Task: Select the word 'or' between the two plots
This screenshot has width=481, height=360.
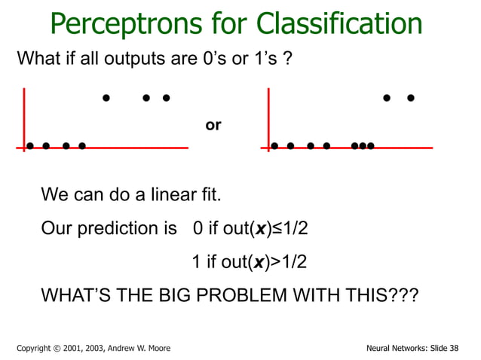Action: (x=213, y=125)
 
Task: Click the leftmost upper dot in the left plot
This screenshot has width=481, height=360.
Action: (x=106, y=97)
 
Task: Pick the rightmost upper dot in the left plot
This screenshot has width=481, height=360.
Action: (x=166, y=97)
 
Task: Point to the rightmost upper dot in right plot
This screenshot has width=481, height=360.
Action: (x=410, y=97)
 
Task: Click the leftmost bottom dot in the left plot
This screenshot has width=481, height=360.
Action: (x=30, y=146)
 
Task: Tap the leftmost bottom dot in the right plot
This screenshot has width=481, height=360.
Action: (x=274, y=146)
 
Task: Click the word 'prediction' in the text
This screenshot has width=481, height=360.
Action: (x=111, y=228)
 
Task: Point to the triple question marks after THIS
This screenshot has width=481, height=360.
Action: (x=403, y=295)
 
